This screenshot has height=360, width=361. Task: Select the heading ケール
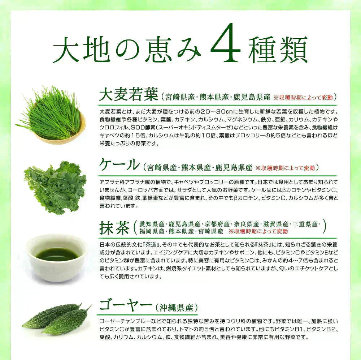119,165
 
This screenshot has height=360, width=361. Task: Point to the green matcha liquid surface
57,254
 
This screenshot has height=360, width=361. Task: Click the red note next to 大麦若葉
305,97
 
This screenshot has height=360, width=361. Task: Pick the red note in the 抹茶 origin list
258,231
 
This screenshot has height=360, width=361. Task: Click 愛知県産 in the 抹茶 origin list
152,224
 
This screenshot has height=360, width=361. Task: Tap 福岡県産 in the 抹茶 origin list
152,231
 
